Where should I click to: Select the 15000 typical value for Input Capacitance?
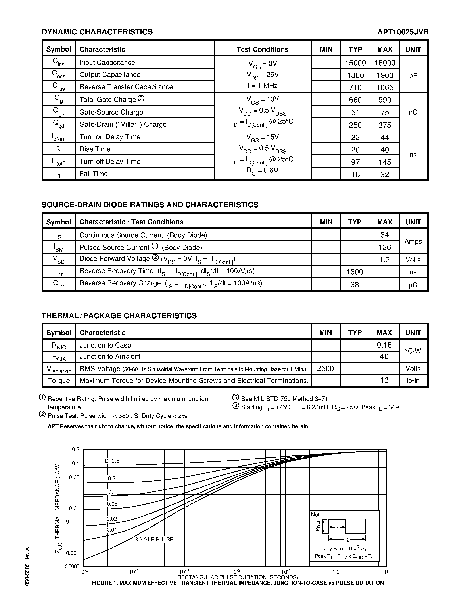click(x=355, y=63)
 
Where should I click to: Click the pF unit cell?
click(x=413, y=76)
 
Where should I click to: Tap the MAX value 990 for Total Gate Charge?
click(x=385, y=100)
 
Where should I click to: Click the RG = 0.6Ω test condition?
click(x=263, y=170)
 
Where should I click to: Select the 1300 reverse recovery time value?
click(x=355, y=272)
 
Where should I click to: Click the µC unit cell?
click(x=413, y=285)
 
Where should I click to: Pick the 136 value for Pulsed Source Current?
click(x=385, y=247)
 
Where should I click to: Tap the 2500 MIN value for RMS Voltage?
click(x=325, y=369)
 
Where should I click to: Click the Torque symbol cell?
click(x=59, y=380)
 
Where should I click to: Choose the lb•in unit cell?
click(x=413, y=380)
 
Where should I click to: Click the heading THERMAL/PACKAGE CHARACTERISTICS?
click(x=119, y=316)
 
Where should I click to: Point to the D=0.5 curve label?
click(x=112, y=461)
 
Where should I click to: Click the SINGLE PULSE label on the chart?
click(x=154, y=539)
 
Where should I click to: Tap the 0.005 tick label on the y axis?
click(x=73, y=521)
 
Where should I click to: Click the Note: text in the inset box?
click(x=317, y=515)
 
